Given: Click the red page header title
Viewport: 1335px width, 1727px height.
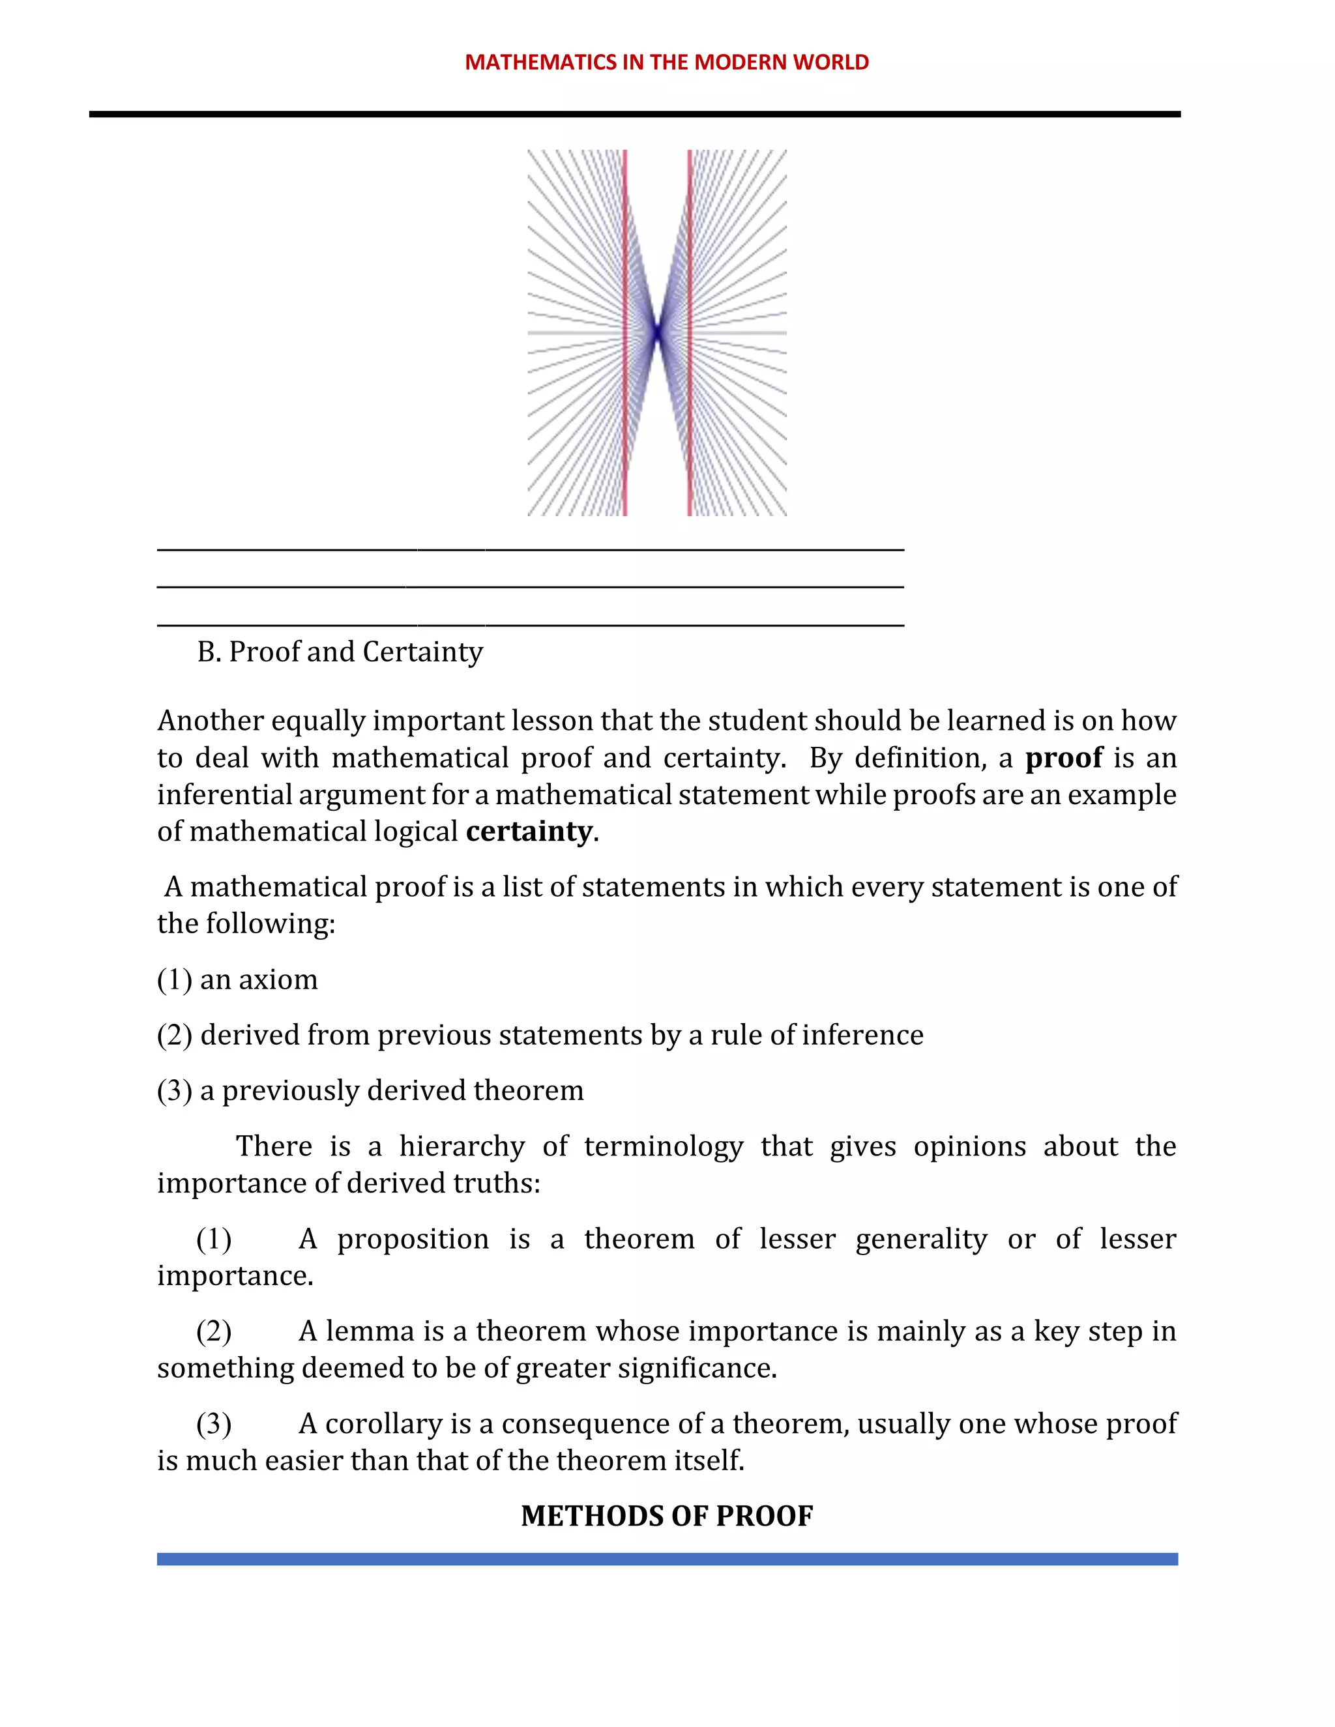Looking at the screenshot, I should (x=667, y=63).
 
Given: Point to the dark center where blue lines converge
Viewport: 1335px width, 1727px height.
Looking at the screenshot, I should (x=656, y=333).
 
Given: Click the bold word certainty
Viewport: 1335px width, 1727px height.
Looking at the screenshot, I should (x=528, y=831).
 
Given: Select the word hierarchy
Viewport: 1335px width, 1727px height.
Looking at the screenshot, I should (x=462, y=1146).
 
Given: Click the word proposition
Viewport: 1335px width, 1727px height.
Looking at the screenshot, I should (x=413, y=1239).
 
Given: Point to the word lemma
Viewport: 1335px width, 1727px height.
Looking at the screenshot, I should (x=370, y=1331).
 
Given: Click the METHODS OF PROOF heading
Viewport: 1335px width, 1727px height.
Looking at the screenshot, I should (x=667, y=1517).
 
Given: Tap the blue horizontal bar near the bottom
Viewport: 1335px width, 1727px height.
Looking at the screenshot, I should (x=667, y=1559).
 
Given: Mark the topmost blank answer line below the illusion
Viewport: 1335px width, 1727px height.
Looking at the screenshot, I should (x=530, y=547).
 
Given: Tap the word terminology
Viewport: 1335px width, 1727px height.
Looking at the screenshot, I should (x=664, y=1146).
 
